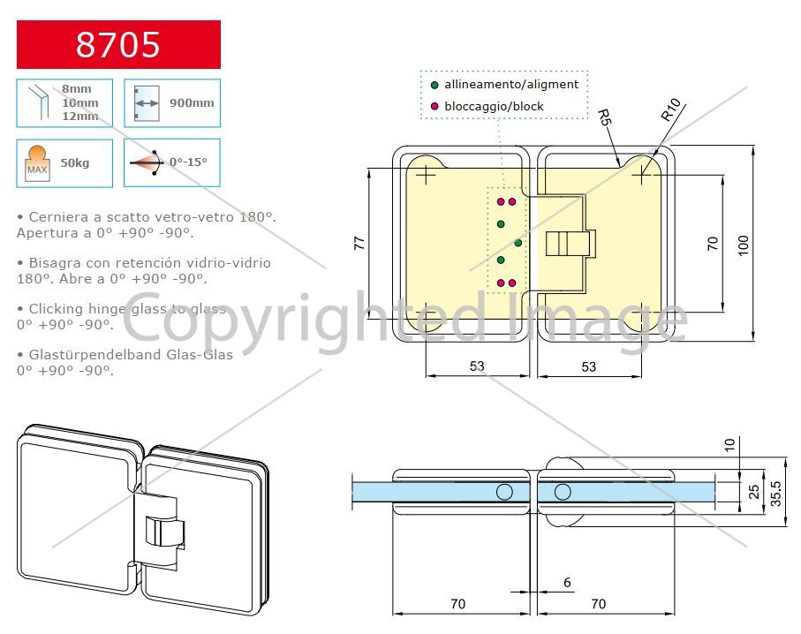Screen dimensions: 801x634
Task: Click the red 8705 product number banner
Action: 118,44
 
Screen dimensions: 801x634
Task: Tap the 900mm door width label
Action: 192,102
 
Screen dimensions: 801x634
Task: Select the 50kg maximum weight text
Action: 74,163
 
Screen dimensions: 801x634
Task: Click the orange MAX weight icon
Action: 37,163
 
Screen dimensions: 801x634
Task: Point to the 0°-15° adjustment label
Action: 188,162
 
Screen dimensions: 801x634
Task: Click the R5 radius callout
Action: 604,117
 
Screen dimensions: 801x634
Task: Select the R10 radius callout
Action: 670,109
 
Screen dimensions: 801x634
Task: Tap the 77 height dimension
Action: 359,243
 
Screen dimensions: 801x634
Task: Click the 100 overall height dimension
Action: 744,245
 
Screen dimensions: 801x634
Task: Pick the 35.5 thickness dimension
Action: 776,493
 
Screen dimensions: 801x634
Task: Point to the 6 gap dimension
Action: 567,583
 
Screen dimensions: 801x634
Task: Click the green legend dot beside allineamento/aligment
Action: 435,85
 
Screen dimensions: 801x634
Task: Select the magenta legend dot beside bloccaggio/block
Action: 435,106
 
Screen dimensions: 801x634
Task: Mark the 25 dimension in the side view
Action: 754,492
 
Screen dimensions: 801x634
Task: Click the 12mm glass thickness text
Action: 80,117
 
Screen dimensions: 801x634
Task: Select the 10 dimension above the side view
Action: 730,444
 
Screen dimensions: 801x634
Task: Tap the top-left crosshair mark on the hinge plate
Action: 426,176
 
